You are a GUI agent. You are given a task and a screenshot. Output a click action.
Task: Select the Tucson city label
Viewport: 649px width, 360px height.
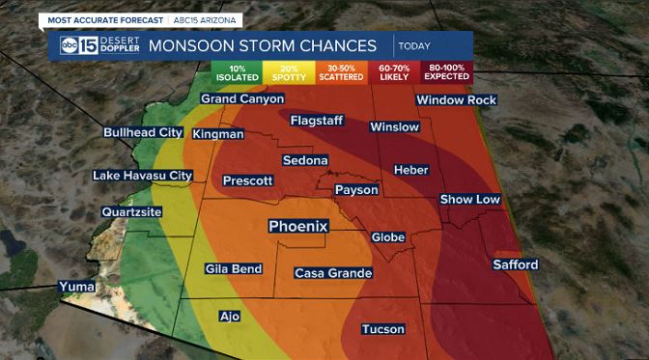[x=382, y=329]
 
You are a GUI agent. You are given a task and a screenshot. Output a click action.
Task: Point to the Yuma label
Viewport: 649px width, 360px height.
[x=77, y=287]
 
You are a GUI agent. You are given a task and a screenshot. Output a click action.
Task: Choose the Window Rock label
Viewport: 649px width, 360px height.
[x=456, y=100]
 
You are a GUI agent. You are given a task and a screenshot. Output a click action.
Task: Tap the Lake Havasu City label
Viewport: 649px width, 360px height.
[x=142, y=176]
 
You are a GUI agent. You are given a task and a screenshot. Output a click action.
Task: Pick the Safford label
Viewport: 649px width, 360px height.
[x=515, y=264]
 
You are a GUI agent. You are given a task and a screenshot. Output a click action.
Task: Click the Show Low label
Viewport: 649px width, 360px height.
[x=470, y=199]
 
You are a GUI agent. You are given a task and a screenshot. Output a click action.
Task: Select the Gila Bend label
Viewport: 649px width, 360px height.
[x=234, y=269]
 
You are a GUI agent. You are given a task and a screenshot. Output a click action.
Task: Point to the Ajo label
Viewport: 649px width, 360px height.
[x=229, y=316]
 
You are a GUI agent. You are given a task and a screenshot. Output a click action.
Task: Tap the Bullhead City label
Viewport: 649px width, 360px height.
[x=143, y=132]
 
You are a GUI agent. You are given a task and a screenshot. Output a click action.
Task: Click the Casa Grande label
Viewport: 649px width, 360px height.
[x=332, y=273]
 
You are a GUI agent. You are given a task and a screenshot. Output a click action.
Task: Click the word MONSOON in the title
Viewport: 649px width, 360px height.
[x=183, y=46]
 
